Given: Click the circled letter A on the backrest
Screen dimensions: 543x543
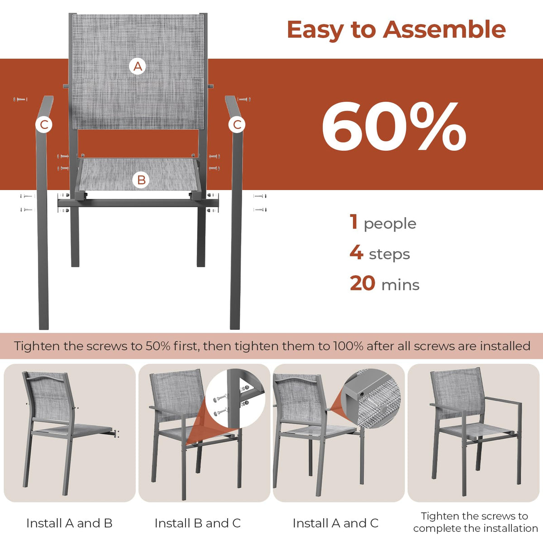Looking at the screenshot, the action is coord(138,67).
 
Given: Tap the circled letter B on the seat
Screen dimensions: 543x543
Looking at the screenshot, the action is coord(142,180).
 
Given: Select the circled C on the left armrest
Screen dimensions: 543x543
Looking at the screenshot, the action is coord(44,124).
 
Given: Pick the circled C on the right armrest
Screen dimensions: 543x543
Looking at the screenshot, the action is coord(237,124).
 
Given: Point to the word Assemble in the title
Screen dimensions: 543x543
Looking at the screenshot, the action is coord(444,29).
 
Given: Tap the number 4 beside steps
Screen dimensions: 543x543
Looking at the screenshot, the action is coord(356,252).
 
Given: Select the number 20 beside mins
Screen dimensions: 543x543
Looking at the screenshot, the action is coord(362,283).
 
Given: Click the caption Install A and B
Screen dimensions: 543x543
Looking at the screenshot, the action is coord(69,523).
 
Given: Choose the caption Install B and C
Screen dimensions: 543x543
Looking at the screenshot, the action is coord(198,523).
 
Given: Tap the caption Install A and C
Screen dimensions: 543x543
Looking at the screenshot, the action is coord(335,523).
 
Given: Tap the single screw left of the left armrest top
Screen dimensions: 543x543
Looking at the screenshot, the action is coord(20,99).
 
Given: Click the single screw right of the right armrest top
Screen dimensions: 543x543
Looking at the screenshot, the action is coord(244,99).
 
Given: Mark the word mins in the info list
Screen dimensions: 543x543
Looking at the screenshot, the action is coord(400,285).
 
